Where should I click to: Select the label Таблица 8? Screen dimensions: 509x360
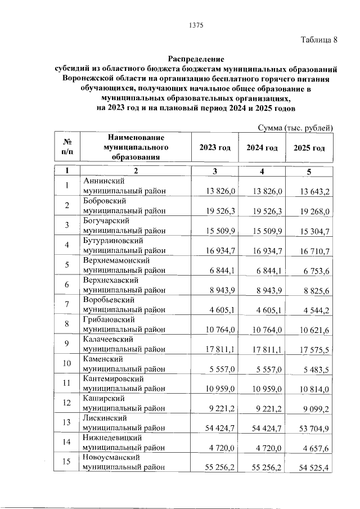[319, 40]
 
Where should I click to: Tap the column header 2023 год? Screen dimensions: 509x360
[215, 148]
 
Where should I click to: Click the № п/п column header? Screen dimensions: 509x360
[66, 148]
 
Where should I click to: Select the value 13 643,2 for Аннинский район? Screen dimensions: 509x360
[315, 192]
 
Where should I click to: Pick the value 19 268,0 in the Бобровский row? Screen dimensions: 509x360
[315, 211]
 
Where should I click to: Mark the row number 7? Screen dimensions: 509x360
[66, 304]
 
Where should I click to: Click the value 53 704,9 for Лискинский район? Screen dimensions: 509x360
[315, 428]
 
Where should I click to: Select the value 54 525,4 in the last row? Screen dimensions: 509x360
[315, 467]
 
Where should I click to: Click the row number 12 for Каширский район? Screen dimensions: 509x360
[66, 403]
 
